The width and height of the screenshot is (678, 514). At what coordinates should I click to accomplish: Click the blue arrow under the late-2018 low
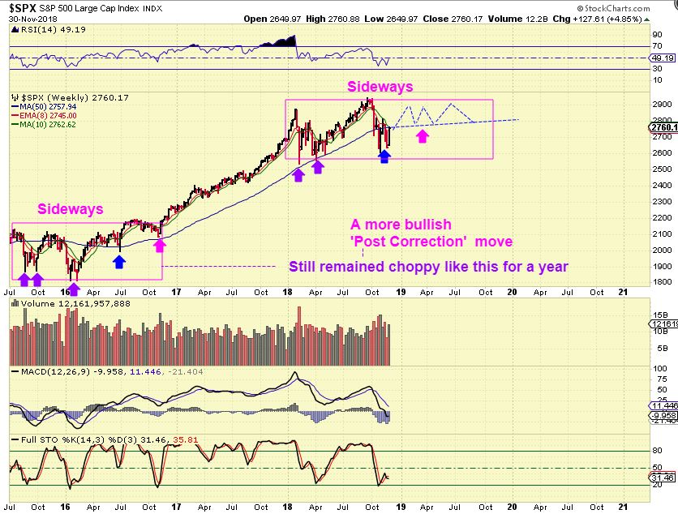click(384, 156)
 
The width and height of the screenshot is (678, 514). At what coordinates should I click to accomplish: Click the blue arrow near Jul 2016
click(120, 261)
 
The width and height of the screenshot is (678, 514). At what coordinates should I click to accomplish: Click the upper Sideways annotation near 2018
click(380, 86)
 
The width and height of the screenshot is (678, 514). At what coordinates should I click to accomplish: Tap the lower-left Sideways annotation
click(71, 209)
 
